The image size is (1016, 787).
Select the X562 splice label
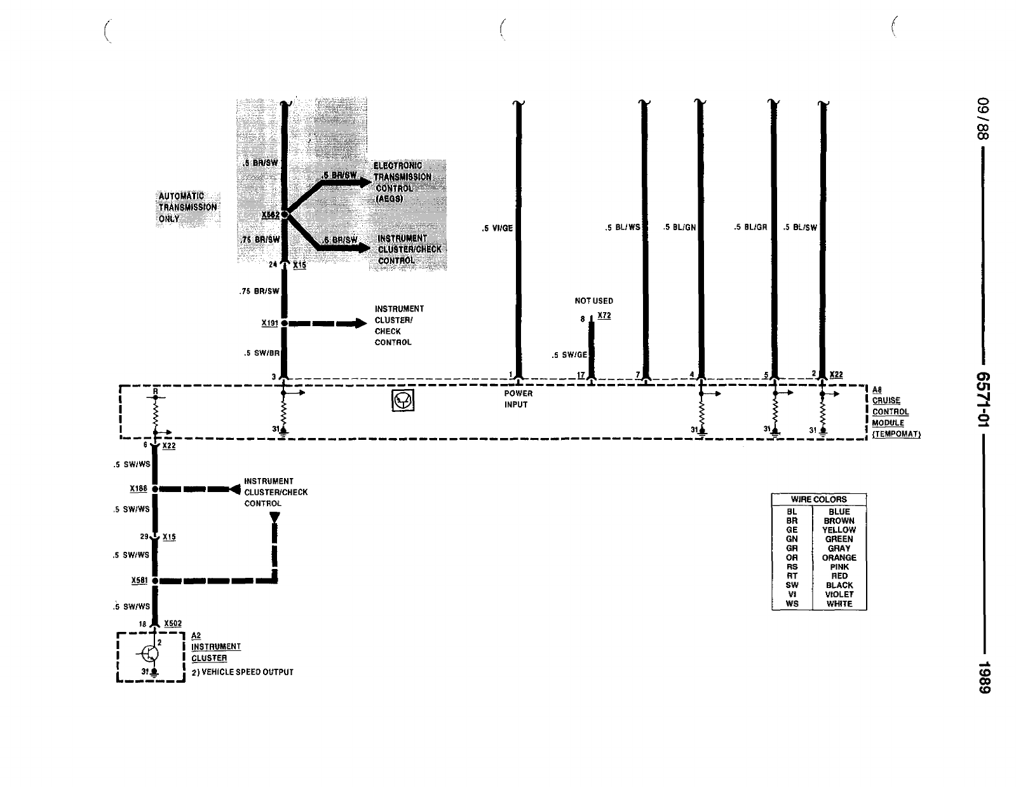(x=271, y=216)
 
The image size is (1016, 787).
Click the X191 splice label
(x=270, y=323)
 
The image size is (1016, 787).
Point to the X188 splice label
(x=139, y=489)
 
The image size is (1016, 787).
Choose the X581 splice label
(x=139, y=580)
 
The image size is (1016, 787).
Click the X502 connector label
(x=173, y=624)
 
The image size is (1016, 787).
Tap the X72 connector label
(x=604, y=316)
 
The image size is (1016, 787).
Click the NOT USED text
(x=594, y=301)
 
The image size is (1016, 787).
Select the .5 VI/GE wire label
(x=497, y=228)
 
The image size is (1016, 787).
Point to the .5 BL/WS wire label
(x=623, y=228)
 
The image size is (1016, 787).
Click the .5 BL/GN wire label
(x=679, y=227)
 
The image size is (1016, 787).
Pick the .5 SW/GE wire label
(x=569, y=355)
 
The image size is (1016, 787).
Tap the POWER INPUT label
(x=518, y=399)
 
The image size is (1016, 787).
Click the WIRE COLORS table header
(x=818, y=500)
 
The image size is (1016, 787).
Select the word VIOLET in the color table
(x=839, y=595)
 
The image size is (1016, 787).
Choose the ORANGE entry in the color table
(x=839, y=558)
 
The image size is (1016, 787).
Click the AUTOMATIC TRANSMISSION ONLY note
(x=187, y=207)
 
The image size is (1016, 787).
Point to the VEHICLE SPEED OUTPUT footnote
(x=242, y=673)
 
